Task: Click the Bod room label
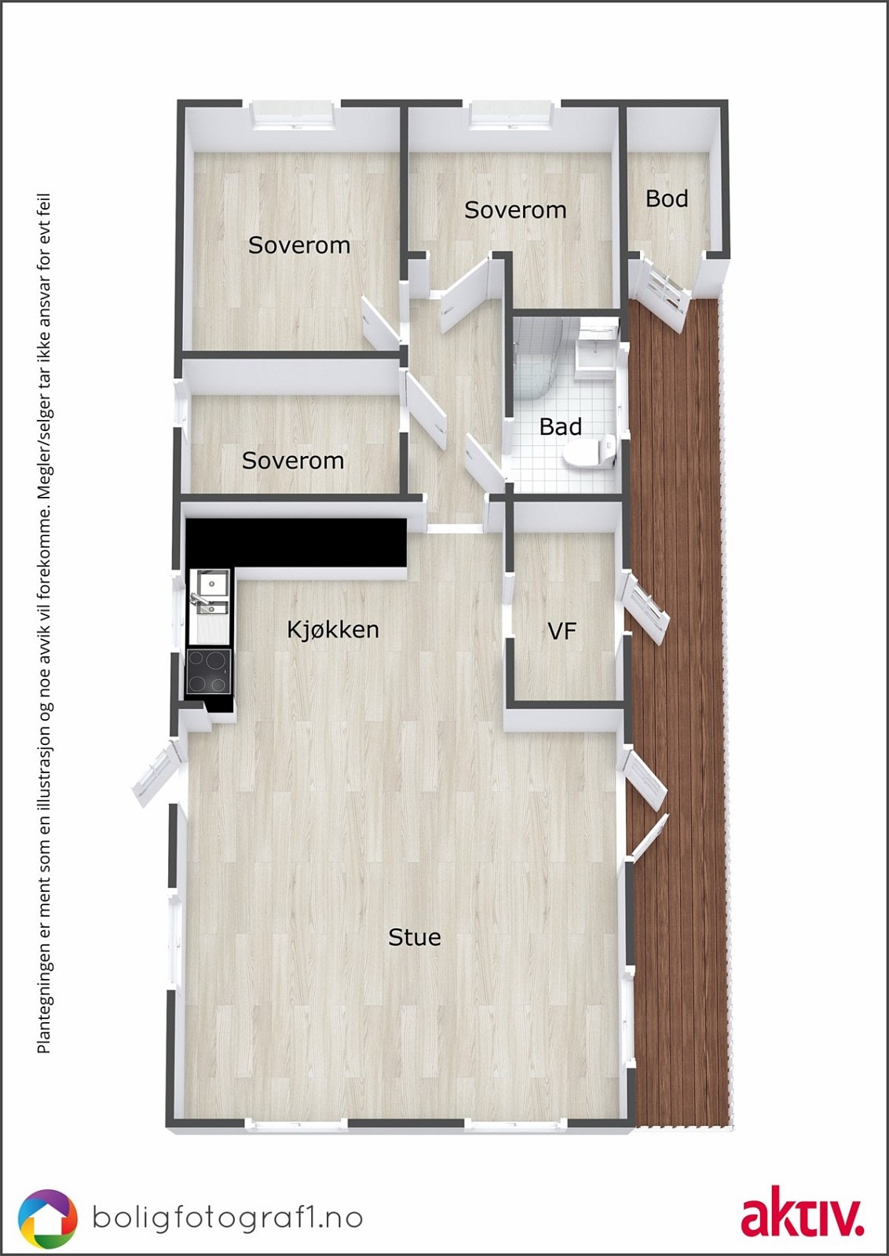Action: [667, 199]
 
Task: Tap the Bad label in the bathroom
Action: [560, 427]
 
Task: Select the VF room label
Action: [562, 630]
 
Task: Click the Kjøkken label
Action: [333, 629]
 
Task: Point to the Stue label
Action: [415, 937]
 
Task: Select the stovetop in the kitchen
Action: [209, 672]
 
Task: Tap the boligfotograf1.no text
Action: [228, 1217]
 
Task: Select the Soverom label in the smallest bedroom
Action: [292, 460]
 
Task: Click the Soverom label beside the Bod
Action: [515, 210]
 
